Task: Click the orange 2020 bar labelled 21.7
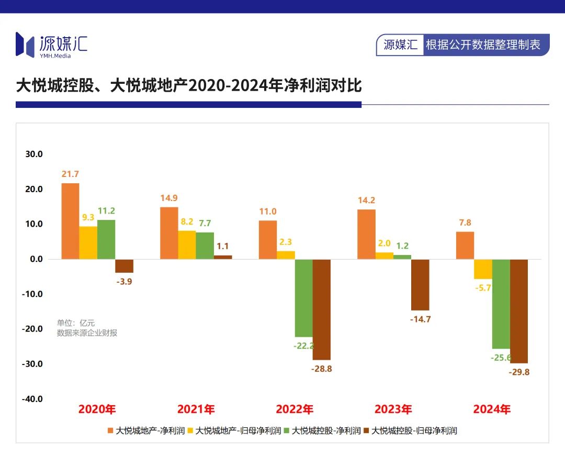(x=70, y=221)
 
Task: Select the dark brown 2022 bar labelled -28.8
(x=322, y=309)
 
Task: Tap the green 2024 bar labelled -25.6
(x=501, y=304)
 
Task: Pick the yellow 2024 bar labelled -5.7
(x=483, y=269)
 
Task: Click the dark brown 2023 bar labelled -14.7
(x=420, y=285)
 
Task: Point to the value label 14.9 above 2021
(x=168, y=198)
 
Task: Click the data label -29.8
(x=519, y=372)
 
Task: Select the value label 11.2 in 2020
(x=106, y=211)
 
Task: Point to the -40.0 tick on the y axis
(x=32, y=398)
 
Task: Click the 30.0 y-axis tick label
(x=33, y=154)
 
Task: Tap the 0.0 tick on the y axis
(x=35, y=259)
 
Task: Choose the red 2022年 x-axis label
(x=295, y=409)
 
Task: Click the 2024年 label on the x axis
(x=492, y=409)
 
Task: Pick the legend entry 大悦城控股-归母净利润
(x=414, y=431)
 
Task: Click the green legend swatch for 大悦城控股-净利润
(x=286, y=431)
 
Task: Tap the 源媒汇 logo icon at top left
(x=25, y=44)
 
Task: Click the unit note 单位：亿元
(x=76, y=323)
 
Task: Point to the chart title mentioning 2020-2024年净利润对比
(x=189, y=85)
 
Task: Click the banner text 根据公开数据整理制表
(x=483, y=45)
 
